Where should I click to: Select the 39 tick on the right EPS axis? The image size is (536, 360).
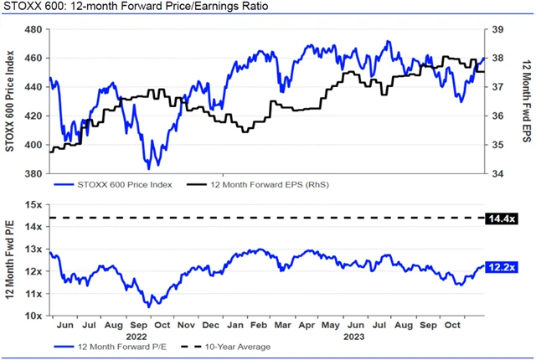click(497, 29)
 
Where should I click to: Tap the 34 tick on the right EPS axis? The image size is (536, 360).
click(497, 174)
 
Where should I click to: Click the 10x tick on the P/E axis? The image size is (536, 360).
click(36, 316)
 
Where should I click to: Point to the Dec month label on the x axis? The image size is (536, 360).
click(212, 324)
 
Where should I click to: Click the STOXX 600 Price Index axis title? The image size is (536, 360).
click(10, 100)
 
